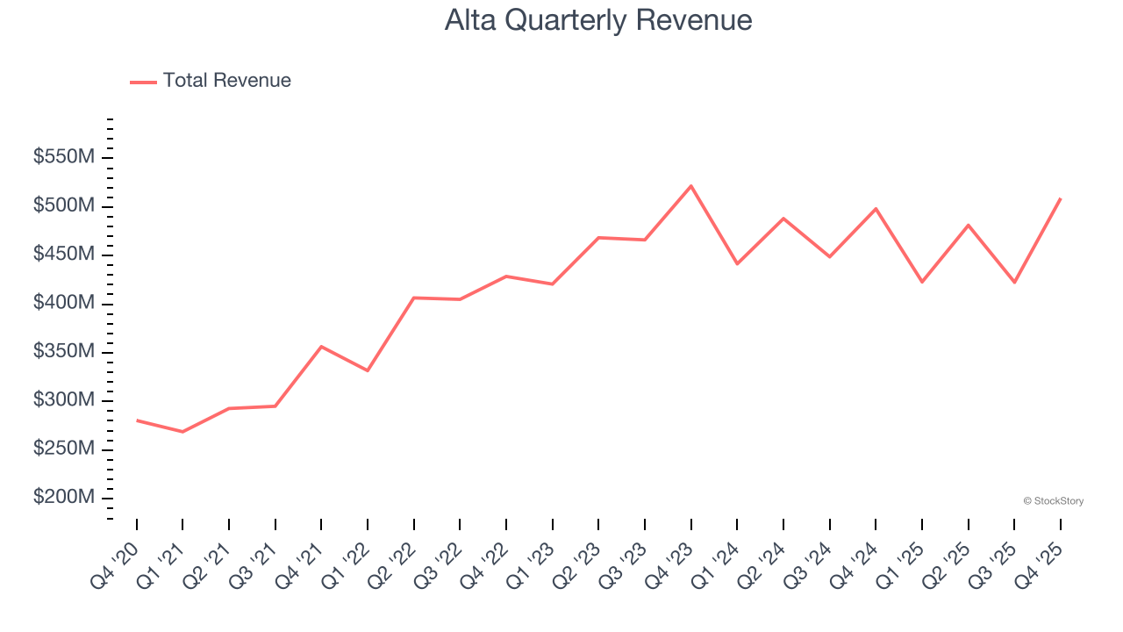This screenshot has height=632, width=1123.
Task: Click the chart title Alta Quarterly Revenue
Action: [x=598, y=20]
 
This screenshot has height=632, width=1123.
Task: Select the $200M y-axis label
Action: [x=64, y=498]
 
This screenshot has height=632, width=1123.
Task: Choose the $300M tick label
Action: [x=64, y=400]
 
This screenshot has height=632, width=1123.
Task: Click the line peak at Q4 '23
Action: [x=691, y=186]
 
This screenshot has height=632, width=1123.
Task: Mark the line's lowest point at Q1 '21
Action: [x=182, y=432]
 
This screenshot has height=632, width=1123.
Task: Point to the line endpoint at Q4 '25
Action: [x=1061, y=198]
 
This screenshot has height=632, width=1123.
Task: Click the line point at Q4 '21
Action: [x=321, y=347]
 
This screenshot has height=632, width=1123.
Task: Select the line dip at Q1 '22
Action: [x=368, y=370]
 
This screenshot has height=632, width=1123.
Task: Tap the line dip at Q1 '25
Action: [x=922, y=282]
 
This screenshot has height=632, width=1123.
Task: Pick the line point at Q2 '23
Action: [x=598, y=238]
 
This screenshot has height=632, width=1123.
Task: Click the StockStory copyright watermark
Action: [x=1053, y=501]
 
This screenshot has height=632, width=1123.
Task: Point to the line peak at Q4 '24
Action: [x=876, y=209]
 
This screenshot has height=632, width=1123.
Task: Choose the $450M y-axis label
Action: [x=64, y=255]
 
